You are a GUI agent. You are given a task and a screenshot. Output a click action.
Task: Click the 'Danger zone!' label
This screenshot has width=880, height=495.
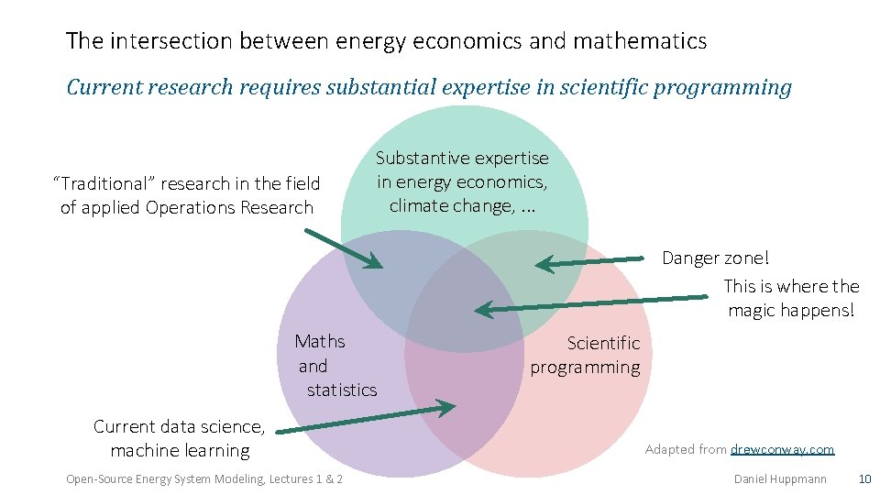[716, 258]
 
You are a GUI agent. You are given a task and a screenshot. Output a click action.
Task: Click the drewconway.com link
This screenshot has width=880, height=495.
[782, 449]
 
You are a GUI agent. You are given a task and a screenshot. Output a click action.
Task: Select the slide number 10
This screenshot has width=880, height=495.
[863, 478]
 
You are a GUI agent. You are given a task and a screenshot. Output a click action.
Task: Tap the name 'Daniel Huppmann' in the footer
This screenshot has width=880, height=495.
[780, 478]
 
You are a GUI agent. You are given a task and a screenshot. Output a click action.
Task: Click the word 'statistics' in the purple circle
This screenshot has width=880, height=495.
[342, 390]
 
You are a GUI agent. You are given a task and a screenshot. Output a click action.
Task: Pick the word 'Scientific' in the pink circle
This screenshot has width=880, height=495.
[603, 344]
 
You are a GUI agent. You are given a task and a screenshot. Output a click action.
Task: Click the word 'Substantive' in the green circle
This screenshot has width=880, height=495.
[423, 159]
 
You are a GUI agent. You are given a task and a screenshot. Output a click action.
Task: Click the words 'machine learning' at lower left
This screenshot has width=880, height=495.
[180, 451]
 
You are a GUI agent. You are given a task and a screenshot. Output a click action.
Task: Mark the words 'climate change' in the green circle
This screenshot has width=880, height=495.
[451, 205]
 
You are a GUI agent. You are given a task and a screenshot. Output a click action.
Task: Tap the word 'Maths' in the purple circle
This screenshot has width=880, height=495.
[320, 342]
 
